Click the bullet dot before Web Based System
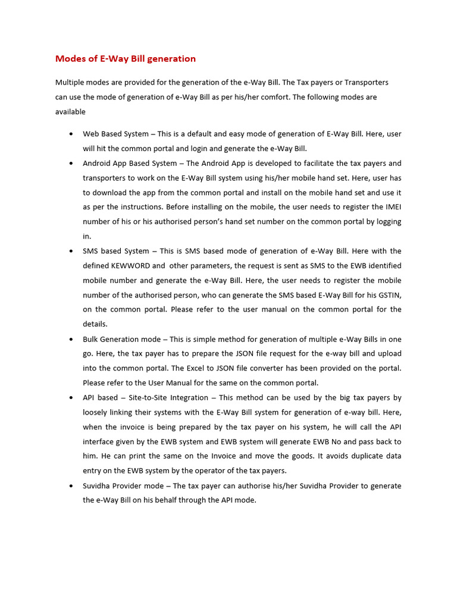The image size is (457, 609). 71,134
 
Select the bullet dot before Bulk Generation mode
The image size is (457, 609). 71,339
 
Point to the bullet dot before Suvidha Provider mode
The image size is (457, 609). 71,485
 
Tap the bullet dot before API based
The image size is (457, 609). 71,397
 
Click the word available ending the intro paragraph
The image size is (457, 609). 70,112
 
